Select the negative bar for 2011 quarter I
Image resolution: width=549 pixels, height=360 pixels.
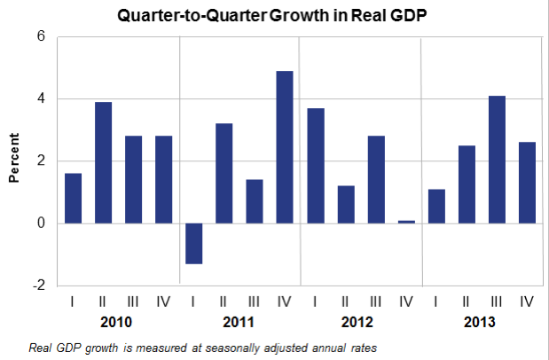point(193,243)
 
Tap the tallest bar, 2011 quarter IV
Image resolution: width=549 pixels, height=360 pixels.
point(285,147)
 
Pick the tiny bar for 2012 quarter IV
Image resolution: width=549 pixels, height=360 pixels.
point(405,221)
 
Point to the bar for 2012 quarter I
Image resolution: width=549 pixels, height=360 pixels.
point(315,166)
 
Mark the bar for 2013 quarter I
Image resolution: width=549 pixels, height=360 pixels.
point(435,206)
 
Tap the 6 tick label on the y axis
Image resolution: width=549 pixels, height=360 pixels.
point(40,37)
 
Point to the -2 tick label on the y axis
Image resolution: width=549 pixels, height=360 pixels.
point(37,285)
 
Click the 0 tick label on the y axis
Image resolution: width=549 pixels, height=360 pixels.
point(40,223)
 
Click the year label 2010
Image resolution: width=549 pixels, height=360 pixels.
point(119,322)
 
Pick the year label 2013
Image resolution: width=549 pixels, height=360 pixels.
point(480,322)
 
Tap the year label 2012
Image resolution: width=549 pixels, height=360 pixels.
point(360,322)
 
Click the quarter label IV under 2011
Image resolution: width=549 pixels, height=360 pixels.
point(284,301)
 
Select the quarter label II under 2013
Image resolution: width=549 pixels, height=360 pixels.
point(466,301)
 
